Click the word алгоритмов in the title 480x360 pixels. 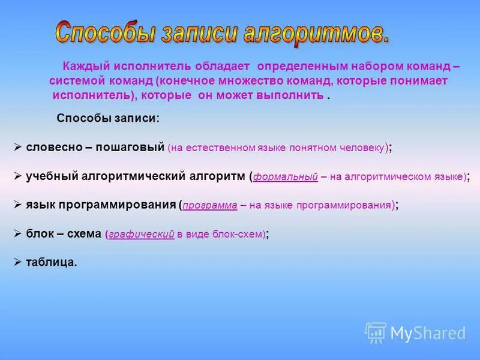[x=316, y=32]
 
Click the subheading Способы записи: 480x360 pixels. [x=108, y=118]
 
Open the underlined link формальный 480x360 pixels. [x=285, y=176]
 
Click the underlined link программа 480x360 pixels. [x=210, y=205]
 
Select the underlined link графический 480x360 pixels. [x=141, y=235]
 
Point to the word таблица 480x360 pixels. [x=52, y=262]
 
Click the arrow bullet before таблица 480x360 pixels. [x=18, y=262]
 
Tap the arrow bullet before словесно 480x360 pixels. [x=18, y=147]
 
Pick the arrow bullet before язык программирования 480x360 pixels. [x=18, y=205]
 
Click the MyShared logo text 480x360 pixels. [x=427, y=333]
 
